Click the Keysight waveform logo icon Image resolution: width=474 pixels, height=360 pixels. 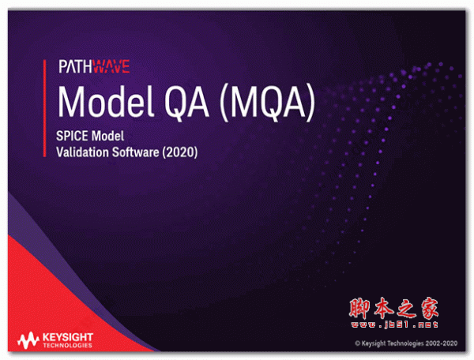pos(29,340)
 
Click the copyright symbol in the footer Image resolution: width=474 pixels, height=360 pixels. pos(358,343)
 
